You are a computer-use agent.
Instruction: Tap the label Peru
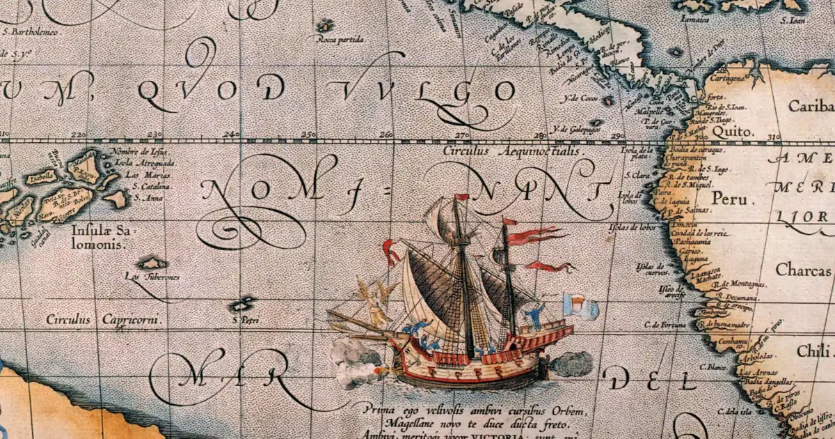point(729,199)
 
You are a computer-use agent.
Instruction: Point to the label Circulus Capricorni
point(103,320)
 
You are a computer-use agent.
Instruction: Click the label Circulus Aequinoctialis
point(514,150)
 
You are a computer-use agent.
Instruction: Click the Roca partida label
point(340,40)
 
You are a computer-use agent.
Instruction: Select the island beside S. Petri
point(243,304)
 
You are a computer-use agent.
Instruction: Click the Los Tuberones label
point(152,277)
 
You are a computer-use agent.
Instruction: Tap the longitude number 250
point(308,134)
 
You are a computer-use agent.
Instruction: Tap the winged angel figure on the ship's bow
point(374,302)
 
